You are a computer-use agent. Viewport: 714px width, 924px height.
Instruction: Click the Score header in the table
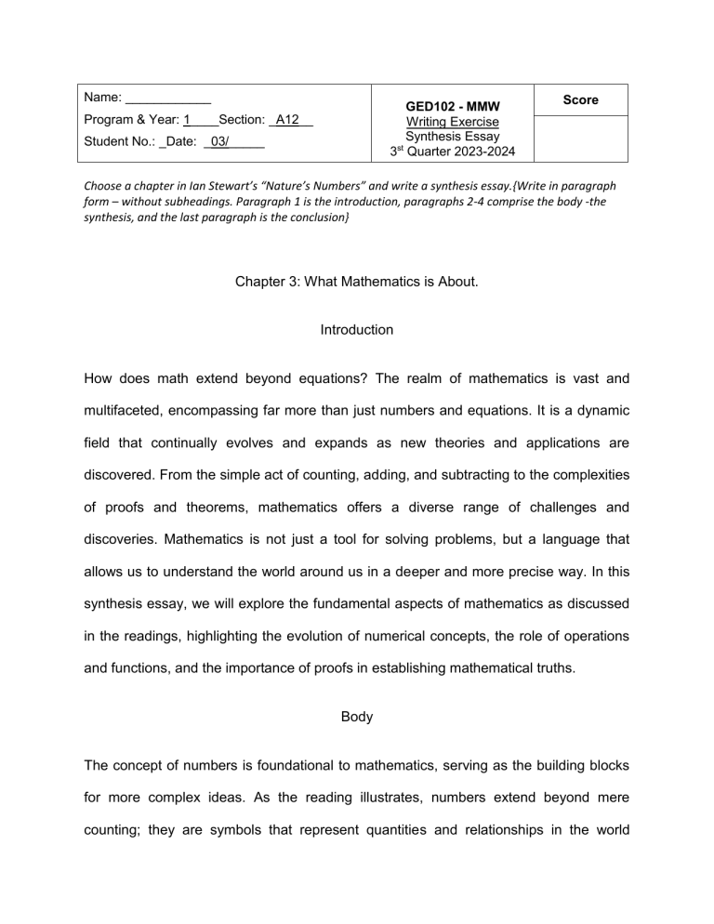pos(580,99)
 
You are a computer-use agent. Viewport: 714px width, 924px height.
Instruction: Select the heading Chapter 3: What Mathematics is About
pos(357,277)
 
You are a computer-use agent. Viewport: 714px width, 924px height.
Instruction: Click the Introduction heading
pos(357,330)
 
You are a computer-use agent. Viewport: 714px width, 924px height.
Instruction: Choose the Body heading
pos(357,692)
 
